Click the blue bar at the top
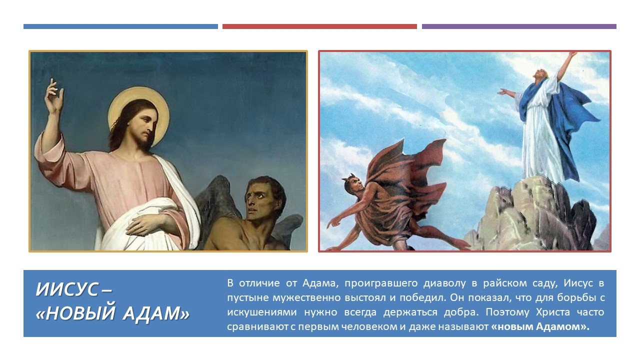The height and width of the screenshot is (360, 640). [x=120, y=26]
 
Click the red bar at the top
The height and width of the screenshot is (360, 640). [x=319, y=26]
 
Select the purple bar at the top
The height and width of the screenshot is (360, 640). [x=519, y=26]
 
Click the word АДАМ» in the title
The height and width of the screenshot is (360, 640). [x=156, y=313]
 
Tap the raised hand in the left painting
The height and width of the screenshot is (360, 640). [x=54, y=96]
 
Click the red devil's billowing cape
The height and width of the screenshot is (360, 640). [x=405, y=185]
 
